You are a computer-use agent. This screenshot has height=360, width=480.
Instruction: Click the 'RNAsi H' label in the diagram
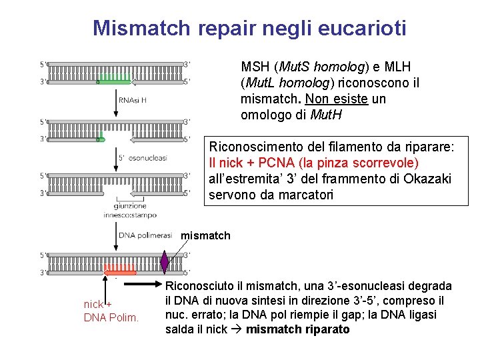[x=133, y=100]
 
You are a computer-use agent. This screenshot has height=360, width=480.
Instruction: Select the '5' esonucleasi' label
[x=142, y=158]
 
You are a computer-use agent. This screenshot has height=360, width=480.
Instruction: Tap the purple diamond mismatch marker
[x=165, y=262]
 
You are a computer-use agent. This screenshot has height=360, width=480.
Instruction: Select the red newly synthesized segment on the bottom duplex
[x=120, y=271]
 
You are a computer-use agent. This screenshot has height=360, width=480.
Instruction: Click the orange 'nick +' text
[x=97, y=304]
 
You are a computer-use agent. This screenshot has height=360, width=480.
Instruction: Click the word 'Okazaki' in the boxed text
[x=427, y=179]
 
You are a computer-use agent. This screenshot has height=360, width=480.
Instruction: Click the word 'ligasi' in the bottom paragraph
[x=437, y=315]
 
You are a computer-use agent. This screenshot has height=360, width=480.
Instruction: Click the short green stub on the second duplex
[x=101, y=139]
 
